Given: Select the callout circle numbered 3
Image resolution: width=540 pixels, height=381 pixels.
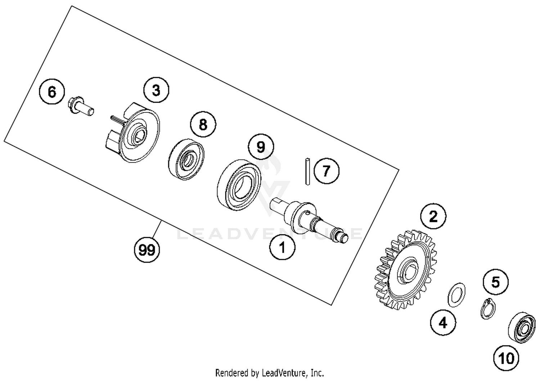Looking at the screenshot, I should (x=156, y=90).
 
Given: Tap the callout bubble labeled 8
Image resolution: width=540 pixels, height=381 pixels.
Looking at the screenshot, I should (x=203, y=125).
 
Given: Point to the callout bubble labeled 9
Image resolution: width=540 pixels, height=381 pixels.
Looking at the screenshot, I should (x=261, y=147).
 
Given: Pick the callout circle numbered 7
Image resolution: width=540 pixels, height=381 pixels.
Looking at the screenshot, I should (x=326, y=171).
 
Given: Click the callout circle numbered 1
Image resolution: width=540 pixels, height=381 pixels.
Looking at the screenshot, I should (x=283, y=248).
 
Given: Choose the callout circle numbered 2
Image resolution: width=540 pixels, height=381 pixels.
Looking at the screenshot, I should (x=433, y=216).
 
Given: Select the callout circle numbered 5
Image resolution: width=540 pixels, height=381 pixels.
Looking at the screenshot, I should (x=496, y=282).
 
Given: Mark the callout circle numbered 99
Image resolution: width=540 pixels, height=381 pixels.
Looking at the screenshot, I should (x=147, y=249).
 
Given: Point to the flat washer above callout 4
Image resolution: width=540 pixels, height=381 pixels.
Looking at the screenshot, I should (x=456, y=294).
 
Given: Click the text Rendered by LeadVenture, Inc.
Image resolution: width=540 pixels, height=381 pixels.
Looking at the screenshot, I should (x=270, y=372).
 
